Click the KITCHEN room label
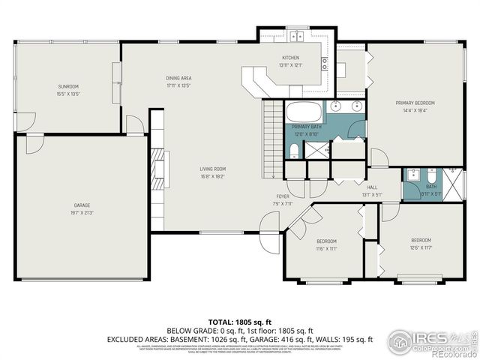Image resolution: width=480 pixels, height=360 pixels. [x=290, y=58]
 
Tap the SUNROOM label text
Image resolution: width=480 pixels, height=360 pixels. [x=68, y=86]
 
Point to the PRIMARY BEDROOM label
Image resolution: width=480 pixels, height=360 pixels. [x=415, y=103]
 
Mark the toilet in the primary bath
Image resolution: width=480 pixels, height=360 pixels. [x=294, y=151]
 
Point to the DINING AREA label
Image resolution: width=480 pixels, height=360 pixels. [x=178, y=78]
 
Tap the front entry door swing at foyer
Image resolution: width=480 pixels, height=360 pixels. [x=268, y=225]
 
